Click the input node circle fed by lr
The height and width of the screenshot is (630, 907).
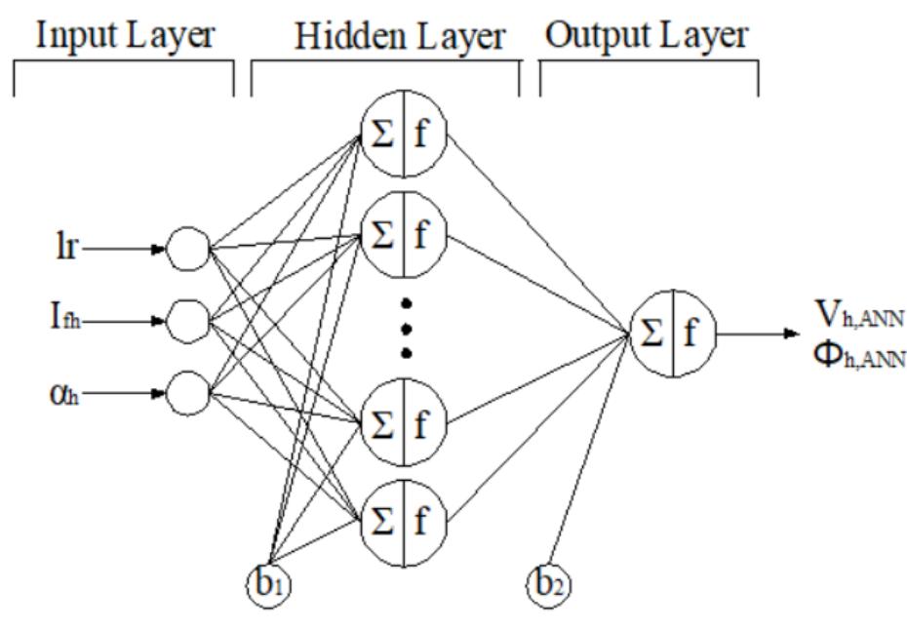pyautogui.click(x=187, y=249)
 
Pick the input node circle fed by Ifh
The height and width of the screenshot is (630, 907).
pyautogui.click(x=187, y=318)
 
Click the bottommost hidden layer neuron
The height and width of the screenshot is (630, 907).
pyautogui.click(x=403, y=515)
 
